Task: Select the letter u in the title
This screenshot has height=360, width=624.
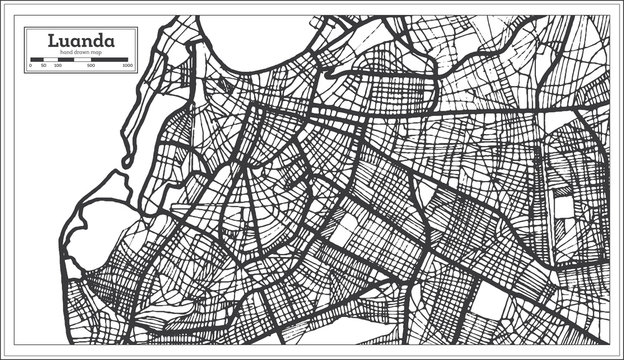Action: click(66, 42)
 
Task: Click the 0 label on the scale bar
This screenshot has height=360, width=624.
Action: click(31, 66)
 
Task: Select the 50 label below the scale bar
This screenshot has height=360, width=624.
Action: click(43, 66)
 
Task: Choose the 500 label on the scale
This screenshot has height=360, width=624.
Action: click(91, 66)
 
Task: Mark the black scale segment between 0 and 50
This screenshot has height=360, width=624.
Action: click(37, 60)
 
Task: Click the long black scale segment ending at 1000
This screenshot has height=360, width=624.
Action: click(110, 60)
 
